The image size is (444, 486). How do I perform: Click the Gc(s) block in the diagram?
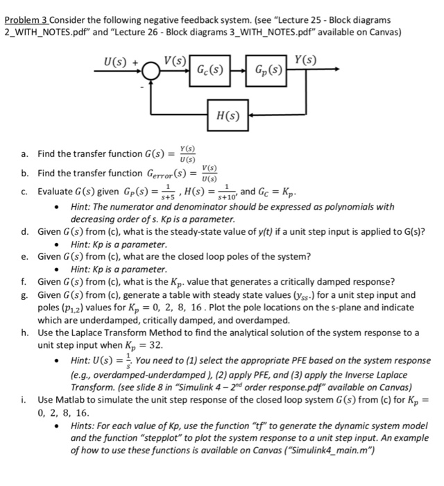point(210,70)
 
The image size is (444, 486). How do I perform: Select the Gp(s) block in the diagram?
point(268,70)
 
